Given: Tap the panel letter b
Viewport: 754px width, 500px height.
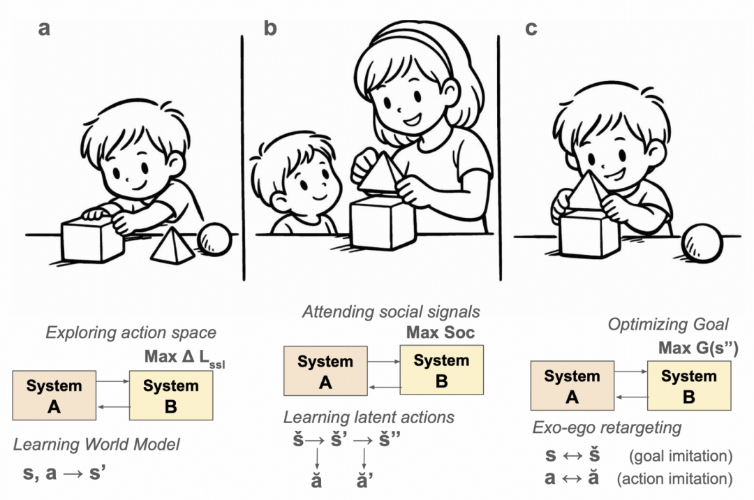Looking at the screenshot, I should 271,29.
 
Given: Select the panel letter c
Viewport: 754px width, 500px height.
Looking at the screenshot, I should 531,29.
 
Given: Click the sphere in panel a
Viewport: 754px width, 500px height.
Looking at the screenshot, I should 214,240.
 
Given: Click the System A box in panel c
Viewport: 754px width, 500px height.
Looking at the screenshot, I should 572,385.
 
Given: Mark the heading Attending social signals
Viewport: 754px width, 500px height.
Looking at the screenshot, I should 391,311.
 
